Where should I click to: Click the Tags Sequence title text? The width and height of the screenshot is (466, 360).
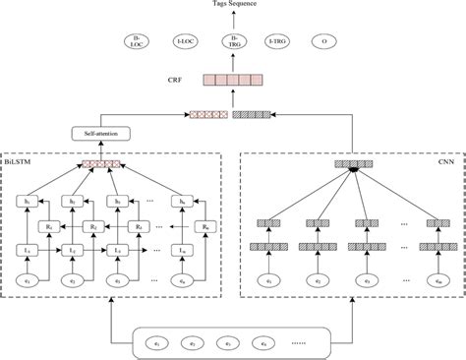click(234, 5)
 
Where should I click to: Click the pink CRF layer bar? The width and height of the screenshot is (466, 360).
click(233, 80)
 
